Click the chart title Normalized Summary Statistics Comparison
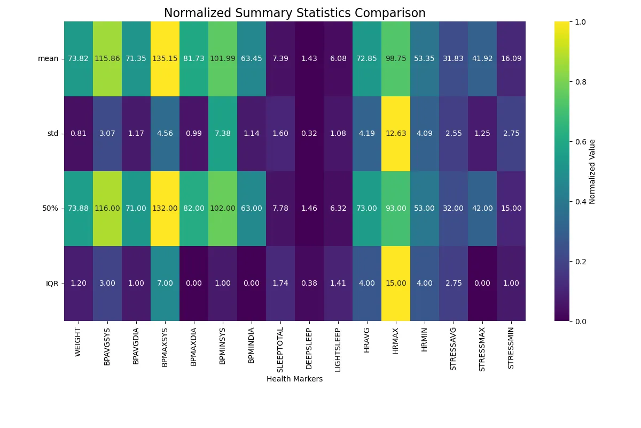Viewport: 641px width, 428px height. point(294,13)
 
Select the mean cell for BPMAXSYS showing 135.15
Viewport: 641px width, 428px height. point(165,59)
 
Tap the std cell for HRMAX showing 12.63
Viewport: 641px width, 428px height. point(396,134)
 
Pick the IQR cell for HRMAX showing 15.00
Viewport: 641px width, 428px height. point(396,284)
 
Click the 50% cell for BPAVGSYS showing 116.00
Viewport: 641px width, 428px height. point(107,209)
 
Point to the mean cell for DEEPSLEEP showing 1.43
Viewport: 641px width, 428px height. point(309,59)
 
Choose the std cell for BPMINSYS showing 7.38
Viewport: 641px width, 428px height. point(223,134)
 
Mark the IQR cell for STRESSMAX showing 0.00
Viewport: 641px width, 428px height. point(482,284)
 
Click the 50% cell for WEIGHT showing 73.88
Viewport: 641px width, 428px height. point(79,209)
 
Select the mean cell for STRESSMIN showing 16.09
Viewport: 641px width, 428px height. point(511,59)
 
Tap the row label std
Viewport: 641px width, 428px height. point(52,134)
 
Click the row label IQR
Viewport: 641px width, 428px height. point(52,284)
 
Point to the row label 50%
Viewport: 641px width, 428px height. point(51,209)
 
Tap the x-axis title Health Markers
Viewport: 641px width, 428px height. point(294,379)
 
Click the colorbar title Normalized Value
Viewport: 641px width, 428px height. point(592,171)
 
